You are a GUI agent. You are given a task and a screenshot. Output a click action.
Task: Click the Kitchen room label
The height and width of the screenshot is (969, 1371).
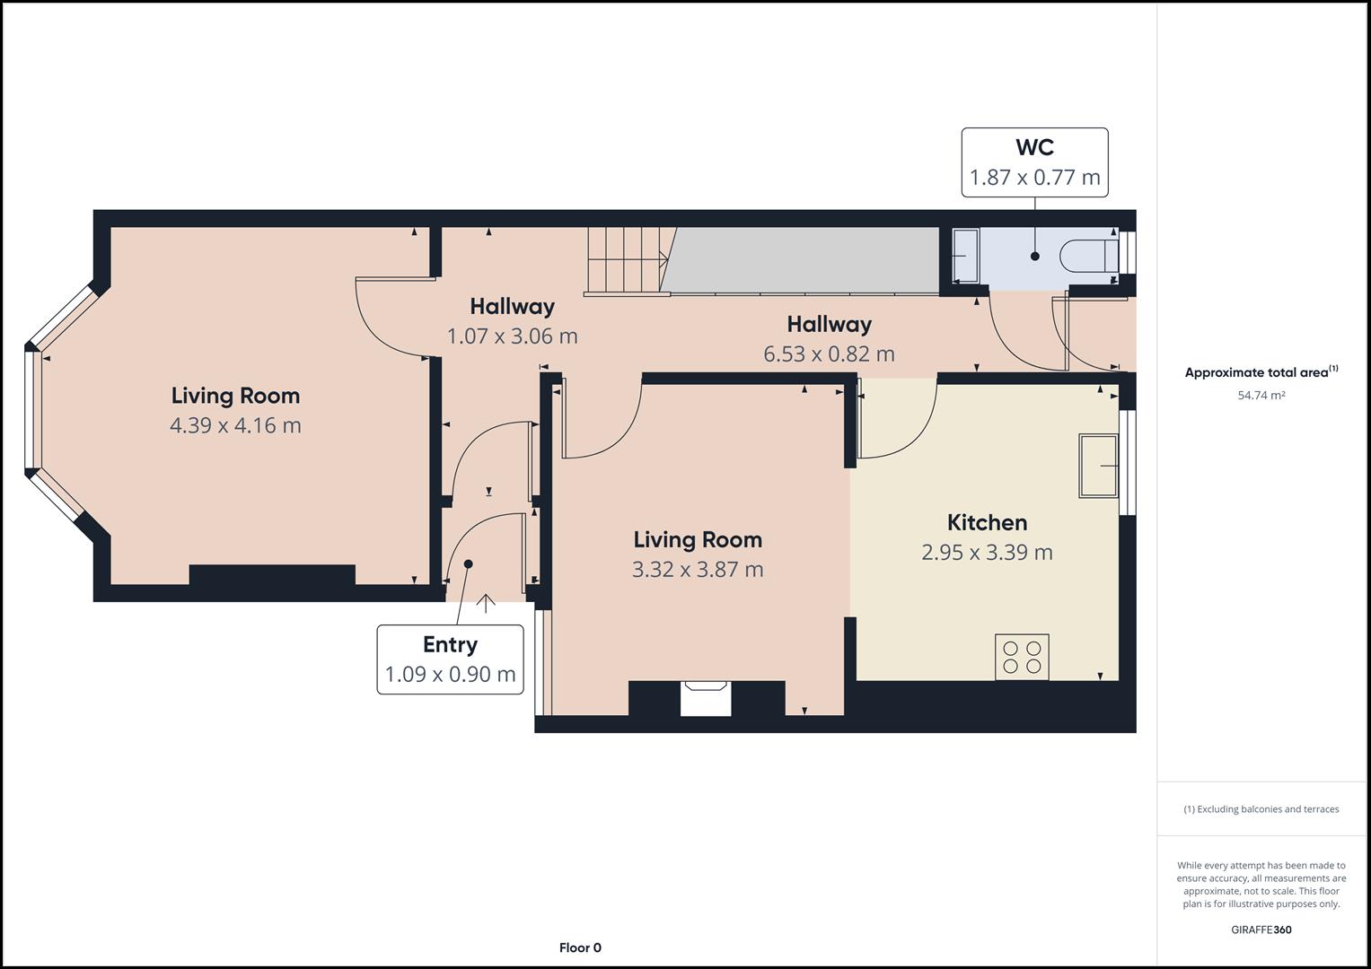coord(987,522)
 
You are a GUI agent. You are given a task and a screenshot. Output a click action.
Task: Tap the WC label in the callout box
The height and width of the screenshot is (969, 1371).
coord(1035,147)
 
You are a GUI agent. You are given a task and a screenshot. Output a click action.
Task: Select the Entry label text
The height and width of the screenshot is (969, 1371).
coord(450,645)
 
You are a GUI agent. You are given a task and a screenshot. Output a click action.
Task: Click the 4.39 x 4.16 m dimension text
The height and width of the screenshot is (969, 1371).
coord(235,425)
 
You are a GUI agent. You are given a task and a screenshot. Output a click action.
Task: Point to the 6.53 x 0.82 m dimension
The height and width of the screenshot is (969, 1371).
coord(829,354)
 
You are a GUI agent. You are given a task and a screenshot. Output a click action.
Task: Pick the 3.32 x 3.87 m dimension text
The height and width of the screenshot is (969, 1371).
coord(697,570)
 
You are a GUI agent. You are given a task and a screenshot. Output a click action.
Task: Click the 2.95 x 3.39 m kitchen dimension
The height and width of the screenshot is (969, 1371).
coord(987,553)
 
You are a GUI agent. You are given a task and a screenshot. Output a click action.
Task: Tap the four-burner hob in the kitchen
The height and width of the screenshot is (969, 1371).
coord(1022,657)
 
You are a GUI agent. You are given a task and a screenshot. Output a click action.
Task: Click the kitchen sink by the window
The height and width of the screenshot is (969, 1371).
coord(1099,466)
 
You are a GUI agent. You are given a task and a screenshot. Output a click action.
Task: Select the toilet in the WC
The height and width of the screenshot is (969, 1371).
coord(1089,256)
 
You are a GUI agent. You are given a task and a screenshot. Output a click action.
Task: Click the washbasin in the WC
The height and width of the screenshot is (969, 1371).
coord(966,256)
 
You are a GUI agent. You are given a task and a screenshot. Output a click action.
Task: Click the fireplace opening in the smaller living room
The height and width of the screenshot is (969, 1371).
coord(706,698)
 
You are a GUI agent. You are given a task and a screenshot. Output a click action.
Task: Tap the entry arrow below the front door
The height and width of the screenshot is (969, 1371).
coord(486,604)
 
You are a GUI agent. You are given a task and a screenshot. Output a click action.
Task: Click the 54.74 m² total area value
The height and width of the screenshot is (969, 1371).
coord(1261,395)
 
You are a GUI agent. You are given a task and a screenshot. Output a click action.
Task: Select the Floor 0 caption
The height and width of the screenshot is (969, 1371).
coord(580,947)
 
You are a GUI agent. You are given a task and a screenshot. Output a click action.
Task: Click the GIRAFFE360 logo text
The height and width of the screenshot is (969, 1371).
coord(1261,930)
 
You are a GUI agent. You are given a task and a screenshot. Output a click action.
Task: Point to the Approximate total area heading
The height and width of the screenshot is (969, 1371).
coord(1261,372)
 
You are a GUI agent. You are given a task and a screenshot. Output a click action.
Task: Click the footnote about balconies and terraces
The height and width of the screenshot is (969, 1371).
coord(1261,809)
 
